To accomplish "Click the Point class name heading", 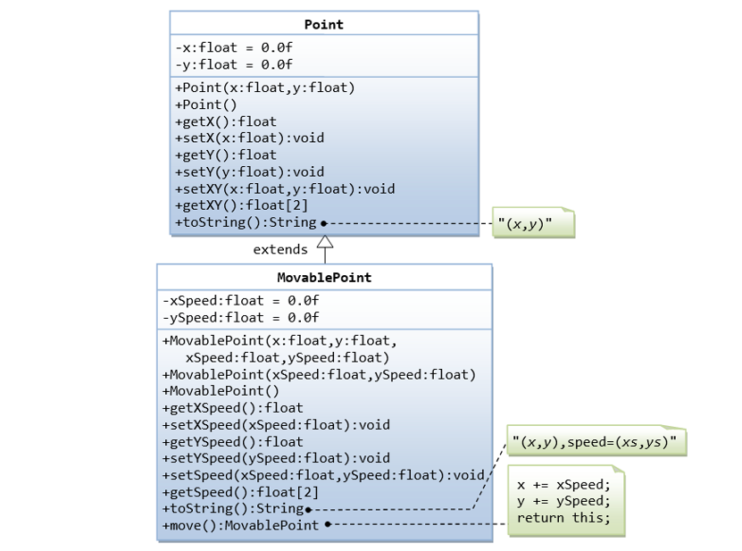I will point(323,24).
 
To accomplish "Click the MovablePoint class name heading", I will point(323,278).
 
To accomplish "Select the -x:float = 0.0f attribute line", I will point(233,47).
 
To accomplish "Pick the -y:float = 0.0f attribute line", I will point(233,64).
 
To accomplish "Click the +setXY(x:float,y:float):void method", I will point(285,188).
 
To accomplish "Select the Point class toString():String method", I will point(246,222).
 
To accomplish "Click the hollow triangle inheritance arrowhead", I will point(325,241).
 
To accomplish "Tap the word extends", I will point(280,250).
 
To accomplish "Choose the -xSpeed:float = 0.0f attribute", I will point(240,301).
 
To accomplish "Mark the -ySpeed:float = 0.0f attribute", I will point(240,318).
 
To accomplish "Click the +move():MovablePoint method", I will point(240,525).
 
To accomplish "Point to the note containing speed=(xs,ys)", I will point(595,442).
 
